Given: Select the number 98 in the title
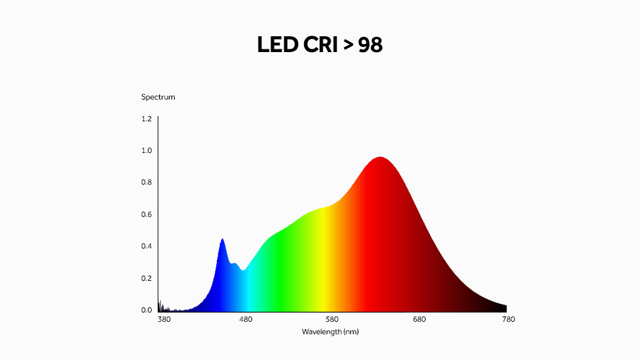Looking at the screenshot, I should [x=370, y=45].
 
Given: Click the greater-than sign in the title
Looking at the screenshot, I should [x=348, y=45].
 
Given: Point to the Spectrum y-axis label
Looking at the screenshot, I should [x=158, y=97].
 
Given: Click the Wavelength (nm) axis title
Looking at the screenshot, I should [x=331, y=332].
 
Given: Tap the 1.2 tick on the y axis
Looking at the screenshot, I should [x=146, y=119].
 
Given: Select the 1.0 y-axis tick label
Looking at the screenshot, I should [x=146, y=150].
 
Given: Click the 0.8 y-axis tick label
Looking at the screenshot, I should [x=146, y=183].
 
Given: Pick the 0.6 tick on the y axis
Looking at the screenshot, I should [x=146, y=214].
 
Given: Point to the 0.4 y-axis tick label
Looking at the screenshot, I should [x=146, y=246].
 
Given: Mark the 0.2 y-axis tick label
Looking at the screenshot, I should [x=146, y=278].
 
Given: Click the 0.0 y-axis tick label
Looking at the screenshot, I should [x=146, y=310].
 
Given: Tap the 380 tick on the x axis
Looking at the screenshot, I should [x=164, y=320].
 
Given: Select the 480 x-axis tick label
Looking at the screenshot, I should [x=245, y=320].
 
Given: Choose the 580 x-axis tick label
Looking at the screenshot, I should [x=333, y=320].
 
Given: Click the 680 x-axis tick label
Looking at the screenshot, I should [x=420, y=320].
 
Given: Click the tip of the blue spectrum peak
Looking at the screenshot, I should [x=222, y=239].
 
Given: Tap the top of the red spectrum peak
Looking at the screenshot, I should [x=380, y=158].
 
